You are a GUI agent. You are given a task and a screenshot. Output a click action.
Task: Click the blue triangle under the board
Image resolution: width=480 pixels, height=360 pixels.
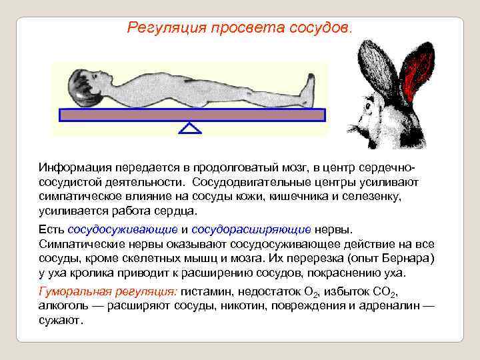pyautogui.click(x=191, y=128)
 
